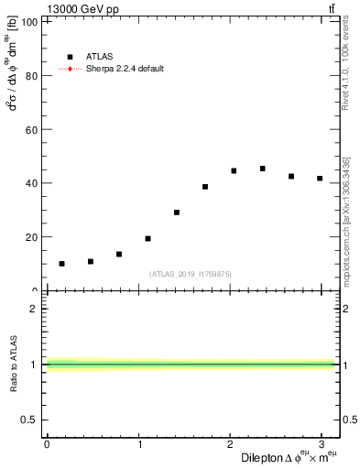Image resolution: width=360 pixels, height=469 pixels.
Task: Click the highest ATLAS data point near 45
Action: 263,169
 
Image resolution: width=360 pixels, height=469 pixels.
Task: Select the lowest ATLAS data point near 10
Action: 61,264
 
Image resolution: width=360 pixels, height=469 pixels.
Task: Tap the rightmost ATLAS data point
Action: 320,179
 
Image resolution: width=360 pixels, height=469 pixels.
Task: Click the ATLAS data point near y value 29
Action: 177,213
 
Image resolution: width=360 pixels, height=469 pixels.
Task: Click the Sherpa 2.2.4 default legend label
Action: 125,69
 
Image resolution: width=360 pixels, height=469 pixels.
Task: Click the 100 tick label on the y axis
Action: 30,22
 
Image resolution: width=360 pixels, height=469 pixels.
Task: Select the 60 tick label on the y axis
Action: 33,130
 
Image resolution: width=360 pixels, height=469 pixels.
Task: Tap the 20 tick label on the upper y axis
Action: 33,237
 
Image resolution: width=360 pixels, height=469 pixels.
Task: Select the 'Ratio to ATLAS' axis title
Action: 13,364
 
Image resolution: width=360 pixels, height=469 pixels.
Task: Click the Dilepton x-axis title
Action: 289,457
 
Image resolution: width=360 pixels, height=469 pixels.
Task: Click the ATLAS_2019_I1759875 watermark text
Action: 191,274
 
